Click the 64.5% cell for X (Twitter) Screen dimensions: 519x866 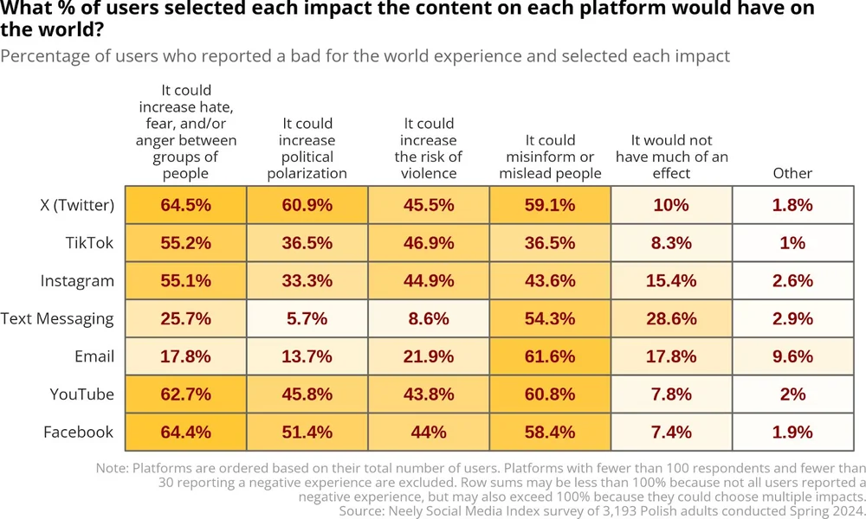click(185, 205)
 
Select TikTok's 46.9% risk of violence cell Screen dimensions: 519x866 click(429, 243)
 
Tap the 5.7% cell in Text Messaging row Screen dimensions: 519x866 click(307, 318)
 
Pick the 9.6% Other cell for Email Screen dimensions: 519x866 click(792, 356)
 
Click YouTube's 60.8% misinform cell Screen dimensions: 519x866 click(550, 394)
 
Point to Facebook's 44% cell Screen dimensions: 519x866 click(429, 432)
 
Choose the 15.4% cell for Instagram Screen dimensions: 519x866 click(671, 281)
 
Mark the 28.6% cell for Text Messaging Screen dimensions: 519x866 click(671, 318)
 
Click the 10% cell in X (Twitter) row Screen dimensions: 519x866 click(671, 205)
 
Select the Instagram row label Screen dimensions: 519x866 click(77, 281)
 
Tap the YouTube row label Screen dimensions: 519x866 click(81, 394)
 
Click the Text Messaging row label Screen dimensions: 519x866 click(57, 318)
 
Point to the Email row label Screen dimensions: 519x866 click(94, 356)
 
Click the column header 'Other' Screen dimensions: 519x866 click(792, 173)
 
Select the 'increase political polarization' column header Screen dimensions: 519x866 click(307, 148)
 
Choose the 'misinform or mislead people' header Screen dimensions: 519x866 click(550, 157)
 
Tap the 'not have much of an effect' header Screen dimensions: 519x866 click(671, 157)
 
